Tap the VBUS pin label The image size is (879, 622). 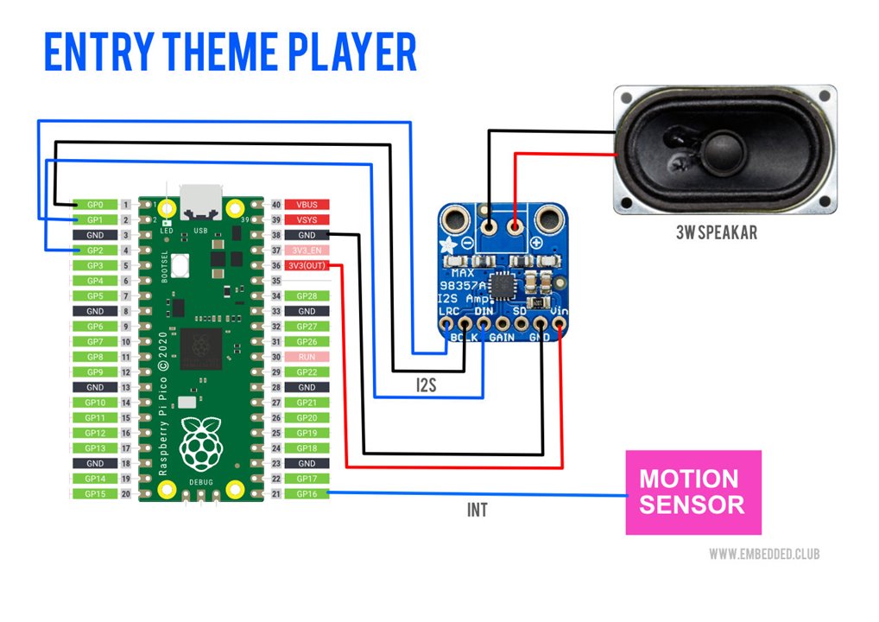coord(307,205)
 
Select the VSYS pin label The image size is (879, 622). coord(307,220)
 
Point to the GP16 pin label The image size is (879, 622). coord(307,493)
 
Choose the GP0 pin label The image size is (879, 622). coord(94,205)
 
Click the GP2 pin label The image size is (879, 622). coord(94,251)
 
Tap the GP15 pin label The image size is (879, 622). coord(94,493)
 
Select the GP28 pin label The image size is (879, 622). coord(307,296)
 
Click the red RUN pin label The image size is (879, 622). coord(307,357)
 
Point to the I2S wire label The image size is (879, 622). coord(426,385)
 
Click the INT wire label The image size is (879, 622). coord(477,511)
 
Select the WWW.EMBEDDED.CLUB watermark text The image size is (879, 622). coord(763,553)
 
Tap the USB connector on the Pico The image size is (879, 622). coord(200,203)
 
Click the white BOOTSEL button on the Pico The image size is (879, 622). coord(181,266)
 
